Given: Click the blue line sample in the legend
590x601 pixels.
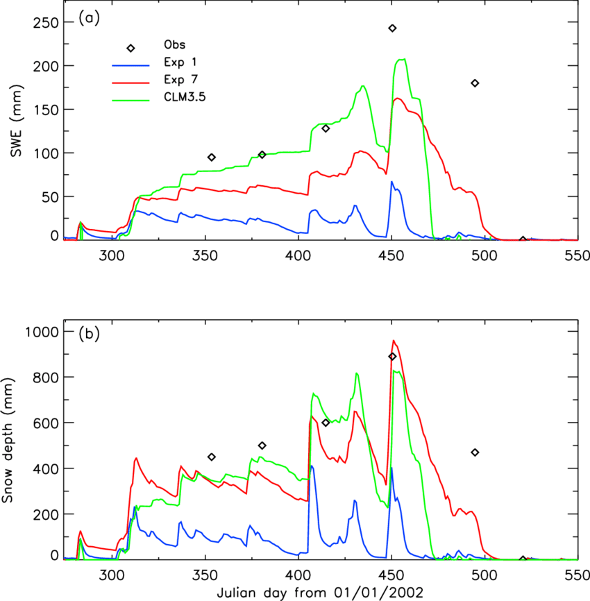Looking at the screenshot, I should [130, 66].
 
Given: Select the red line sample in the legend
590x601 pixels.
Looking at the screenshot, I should [130, 83].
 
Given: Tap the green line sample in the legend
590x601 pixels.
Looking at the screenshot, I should [130, 101].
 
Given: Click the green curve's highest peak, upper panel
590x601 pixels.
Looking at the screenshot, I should [401, 60].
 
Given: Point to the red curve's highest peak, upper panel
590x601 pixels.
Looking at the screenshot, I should [397, 99].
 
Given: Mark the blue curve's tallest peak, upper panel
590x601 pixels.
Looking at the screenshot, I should [392, 183].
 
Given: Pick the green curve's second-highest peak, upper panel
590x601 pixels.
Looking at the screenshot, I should [362, 86].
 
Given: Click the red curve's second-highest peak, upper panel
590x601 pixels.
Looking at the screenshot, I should [361, 151].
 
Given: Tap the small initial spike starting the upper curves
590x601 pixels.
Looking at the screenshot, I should [81, 223].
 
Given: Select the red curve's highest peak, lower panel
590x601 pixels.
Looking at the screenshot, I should [394, 341].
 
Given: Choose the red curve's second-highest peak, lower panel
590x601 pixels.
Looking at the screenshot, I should [356, 412].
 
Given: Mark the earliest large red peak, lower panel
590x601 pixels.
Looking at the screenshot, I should [136, 458].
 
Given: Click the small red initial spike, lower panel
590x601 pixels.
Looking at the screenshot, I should [81, 532].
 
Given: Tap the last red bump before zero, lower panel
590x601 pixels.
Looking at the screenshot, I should [472, 512].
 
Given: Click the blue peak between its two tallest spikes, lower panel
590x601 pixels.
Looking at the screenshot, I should [355, 500].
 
